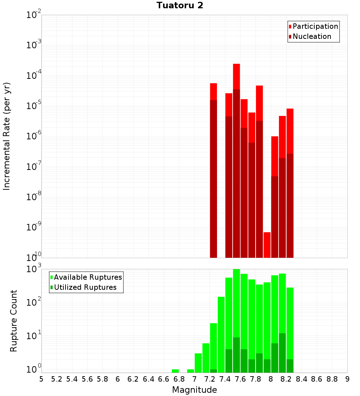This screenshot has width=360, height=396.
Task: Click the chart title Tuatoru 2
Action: (x=180, y=5)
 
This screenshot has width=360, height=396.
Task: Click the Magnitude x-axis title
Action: (x=194, y=390)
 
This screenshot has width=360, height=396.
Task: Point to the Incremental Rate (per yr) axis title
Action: (x=6, y=136)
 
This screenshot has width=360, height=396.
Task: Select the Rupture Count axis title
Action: (x=13, y=321)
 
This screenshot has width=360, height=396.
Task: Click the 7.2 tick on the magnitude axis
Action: (x=210, y=379)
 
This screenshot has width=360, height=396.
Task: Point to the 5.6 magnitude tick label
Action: (x=87, y=379)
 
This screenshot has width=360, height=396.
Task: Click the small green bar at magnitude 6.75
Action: (x=175, y=371)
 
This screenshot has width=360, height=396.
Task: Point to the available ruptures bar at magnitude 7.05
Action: (x=198, y=363)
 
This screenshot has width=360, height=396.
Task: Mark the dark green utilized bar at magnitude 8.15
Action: (x=282, y=353)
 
